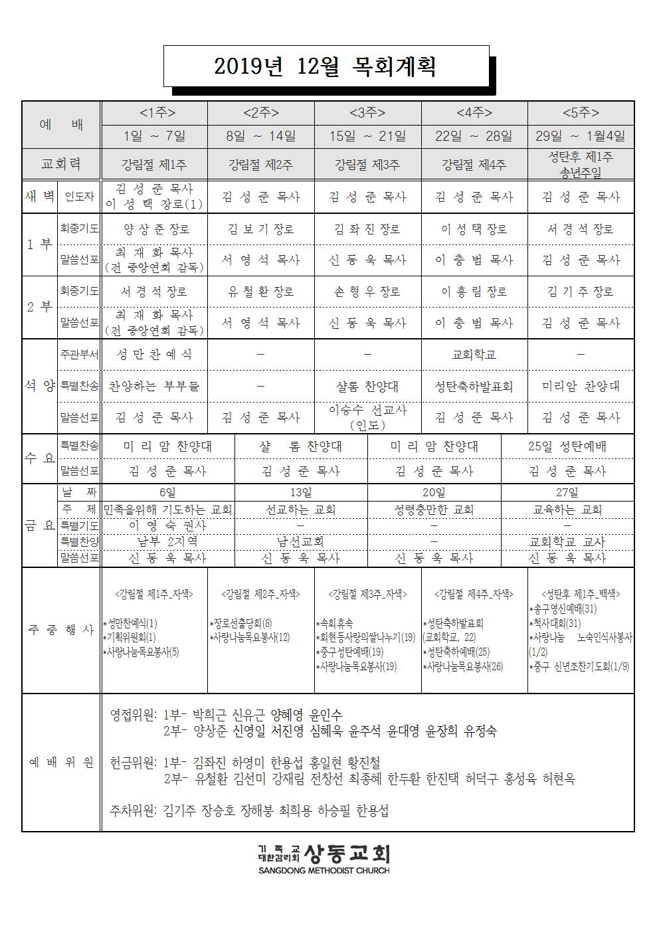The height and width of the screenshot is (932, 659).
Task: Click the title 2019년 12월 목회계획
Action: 326,66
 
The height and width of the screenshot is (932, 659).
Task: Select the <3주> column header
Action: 367,112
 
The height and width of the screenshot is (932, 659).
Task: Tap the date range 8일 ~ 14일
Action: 260,136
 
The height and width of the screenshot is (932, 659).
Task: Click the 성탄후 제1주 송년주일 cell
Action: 581,163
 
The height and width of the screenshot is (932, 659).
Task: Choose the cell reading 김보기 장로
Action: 260,229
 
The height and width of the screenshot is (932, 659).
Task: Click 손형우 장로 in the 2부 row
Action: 367,292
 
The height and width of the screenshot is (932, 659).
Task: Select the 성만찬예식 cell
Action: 153,355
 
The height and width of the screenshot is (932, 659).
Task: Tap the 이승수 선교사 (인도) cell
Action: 367,417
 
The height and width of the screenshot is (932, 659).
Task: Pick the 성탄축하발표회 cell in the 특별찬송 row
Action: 474,386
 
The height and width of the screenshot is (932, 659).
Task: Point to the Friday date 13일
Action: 301,493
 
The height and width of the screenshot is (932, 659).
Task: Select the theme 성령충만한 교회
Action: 434,510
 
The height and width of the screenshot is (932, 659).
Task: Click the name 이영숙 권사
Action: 167,525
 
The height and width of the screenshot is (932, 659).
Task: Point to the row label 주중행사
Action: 61,630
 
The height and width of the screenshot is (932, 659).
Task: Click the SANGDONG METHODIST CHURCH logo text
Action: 324,870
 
